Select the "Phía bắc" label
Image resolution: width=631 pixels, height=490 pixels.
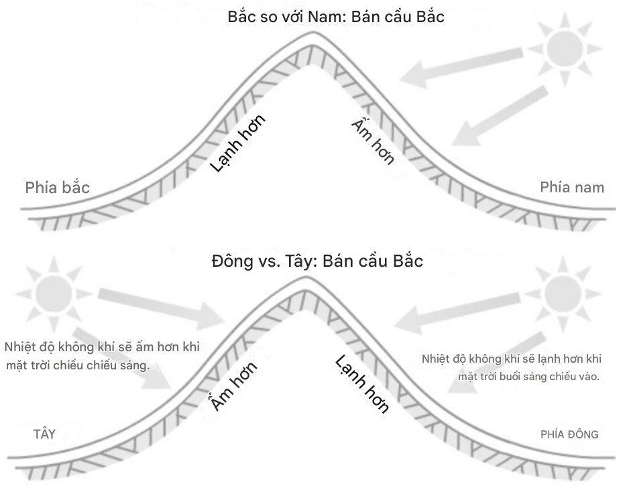[58, 187]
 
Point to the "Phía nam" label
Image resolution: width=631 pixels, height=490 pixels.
[572, 187]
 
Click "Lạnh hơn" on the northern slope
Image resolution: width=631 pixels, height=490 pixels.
[238, 143]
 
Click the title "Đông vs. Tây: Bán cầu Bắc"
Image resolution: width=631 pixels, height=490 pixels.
[317, 261]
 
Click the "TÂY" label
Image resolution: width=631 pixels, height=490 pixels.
[44, 434]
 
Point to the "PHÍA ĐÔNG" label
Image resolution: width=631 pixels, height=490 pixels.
[569, 434]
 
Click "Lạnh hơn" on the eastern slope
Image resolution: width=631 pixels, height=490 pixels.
[362, 385]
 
